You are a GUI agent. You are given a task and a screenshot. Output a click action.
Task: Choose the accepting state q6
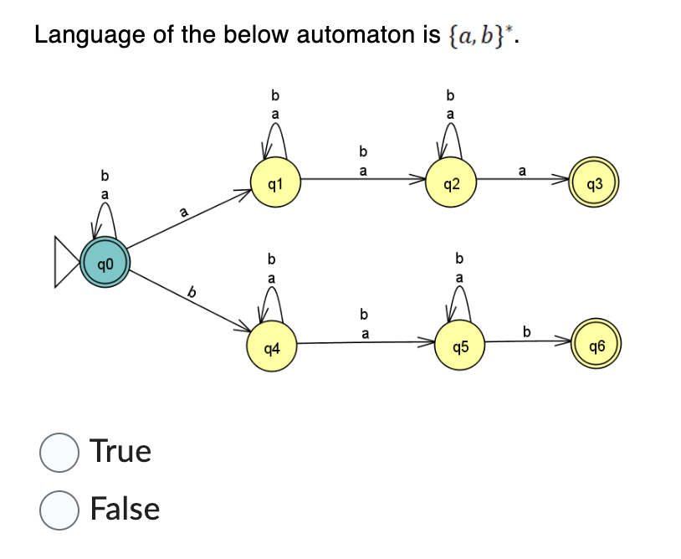(596, 344)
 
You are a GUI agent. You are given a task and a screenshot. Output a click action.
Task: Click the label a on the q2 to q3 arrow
(523, 171)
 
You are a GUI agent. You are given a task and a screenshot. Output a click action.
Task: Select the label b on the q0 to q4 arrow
(192, 292)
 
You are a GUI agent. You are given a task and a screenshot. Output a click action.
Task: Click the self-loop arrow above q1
(276, 134)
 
